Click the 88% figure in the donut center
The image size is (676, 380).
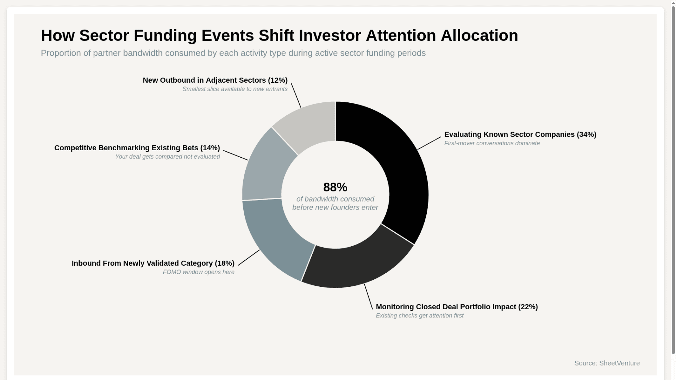coord(335,187)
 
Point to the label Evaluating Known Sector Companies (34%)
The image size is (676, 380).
coord(520,134)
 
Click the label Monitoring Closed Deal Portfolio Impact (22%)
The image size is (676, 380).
coord(457,307)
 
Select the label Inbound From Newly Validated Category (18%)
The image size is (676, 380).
coord(153,263)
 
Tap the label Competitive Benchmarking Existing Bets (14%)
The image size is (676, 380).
coord(137,148)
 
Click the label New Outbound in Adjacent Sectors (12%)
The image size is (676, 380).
coord(215,80)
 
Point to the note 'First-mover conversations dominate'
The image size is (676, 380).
coord(492,143)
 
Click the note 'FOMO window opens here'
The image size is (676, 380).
coord(199,272)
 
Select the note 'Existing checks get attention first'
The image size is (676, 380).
coord(419,316)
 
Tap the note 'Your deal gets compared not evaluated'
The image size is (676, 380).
coord(168,157)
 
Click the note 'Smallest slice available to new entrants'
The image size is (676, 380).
coord(235,89)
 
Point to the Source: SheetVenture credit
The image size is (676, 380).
coord(607,363)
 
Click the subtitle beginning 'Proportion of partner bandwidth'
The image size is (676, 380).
coord(233,53)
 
